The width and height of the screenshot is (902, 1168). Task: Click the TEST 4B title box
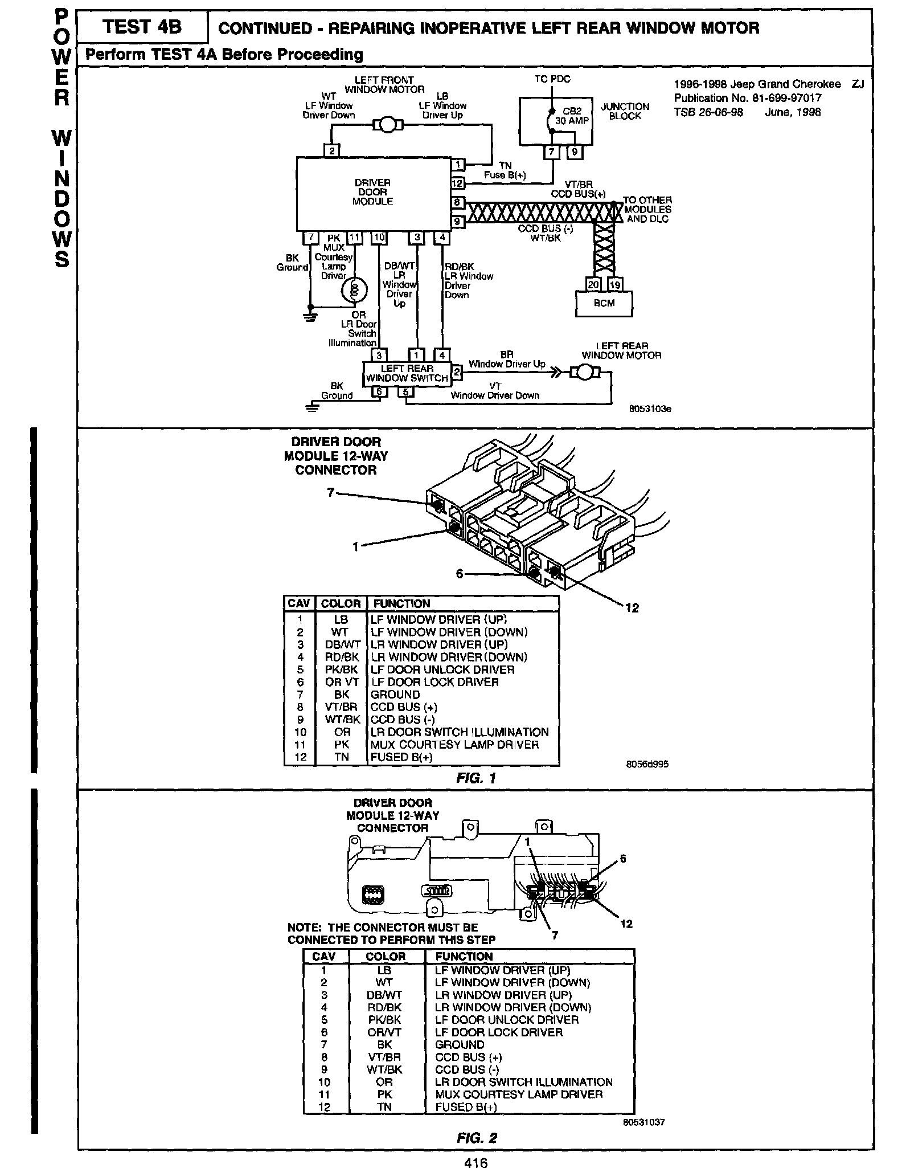point(142,27)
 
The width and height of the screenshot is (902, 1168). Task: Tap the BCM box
point(604,303)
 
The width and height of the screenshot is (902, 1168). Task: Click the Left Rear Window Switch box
point(407,374)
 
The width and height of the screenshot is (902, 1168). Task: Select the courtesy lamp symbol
point(354,290)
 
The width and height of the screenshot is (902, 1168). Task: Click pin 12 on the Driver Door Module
point(457,183)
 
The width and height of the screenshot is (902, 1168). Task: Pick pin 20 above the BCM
point(593,284)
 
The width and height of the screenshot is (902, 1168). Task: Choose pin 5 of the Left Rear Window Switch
point(405,392)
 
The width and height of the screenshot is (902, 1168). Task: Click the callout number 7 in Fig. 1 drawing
point(330,492)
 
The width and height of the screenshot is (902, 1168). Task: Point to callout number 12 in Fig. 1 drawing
point(632,607)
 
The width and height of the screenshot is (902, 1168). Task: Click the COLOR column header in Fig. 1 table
point(341,603)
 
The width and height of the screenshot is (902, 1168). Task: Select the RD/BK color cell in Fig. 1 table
point(341,657)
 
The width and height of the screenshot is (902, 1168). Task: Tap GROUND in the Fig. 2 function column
point(460,1044)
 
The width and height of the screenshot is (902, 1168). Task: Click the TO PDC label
point(552,79)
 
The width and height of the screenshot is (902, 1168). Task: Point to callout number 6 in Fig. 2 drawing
point(623,859)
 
